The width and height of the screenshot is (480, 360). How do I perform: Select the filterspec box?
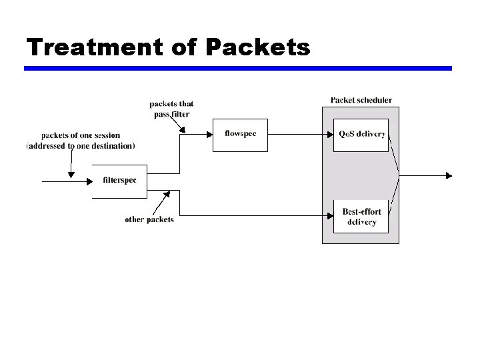[119, 181]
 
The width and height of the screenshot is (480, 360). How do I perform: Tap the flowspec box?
[240, 134]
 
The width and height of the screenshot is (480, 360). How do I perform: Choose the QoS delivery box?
[361, 134]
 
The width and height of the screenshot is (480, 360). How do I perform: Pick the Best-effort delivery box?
[361, 217]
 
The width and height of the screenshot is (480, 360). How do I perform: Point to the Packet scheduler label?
[361, 100]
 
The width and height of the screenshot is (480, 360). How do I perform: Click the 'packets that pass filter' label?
[171, 109]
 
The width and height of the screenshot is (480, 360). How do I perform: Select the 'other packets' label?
[149, 219]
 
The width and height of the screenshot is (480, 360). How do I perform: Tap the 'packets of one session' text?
[81, 135]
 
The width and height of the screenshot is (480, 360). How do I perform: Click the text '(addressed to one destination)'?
[81, 145]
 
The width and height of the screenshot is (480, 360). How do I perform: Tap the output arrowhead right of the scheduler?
[449, 175]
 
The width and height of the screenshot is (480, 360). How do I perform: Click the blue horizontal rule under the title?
[238, 68]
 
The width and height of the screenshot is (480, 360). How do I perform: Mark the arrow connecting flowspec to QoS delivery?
[300, 134]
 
